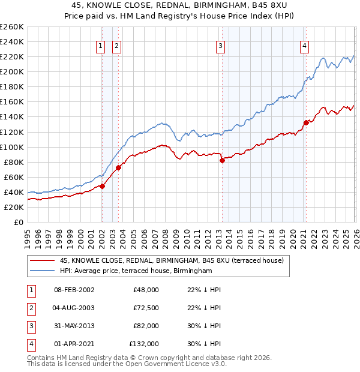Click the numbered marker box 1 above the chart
[101, 46]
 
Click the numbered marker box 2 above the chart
[116, 46]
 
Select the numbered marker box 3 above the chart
[221, 46]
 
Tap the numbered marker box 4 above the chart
[305, 46]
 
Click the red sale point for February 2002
[102, 186]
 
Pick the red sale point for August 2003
[118, 167]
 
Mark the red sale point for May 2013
[222, 160]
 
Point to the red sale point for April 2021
[305, 122]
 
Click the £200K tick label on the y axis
[12, 71]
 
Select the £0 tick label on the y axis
[19, 222]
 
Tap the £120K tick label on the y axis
[12, 132]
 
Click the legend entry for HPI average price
[136, 271]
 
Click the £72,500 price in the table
[146, 308]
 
